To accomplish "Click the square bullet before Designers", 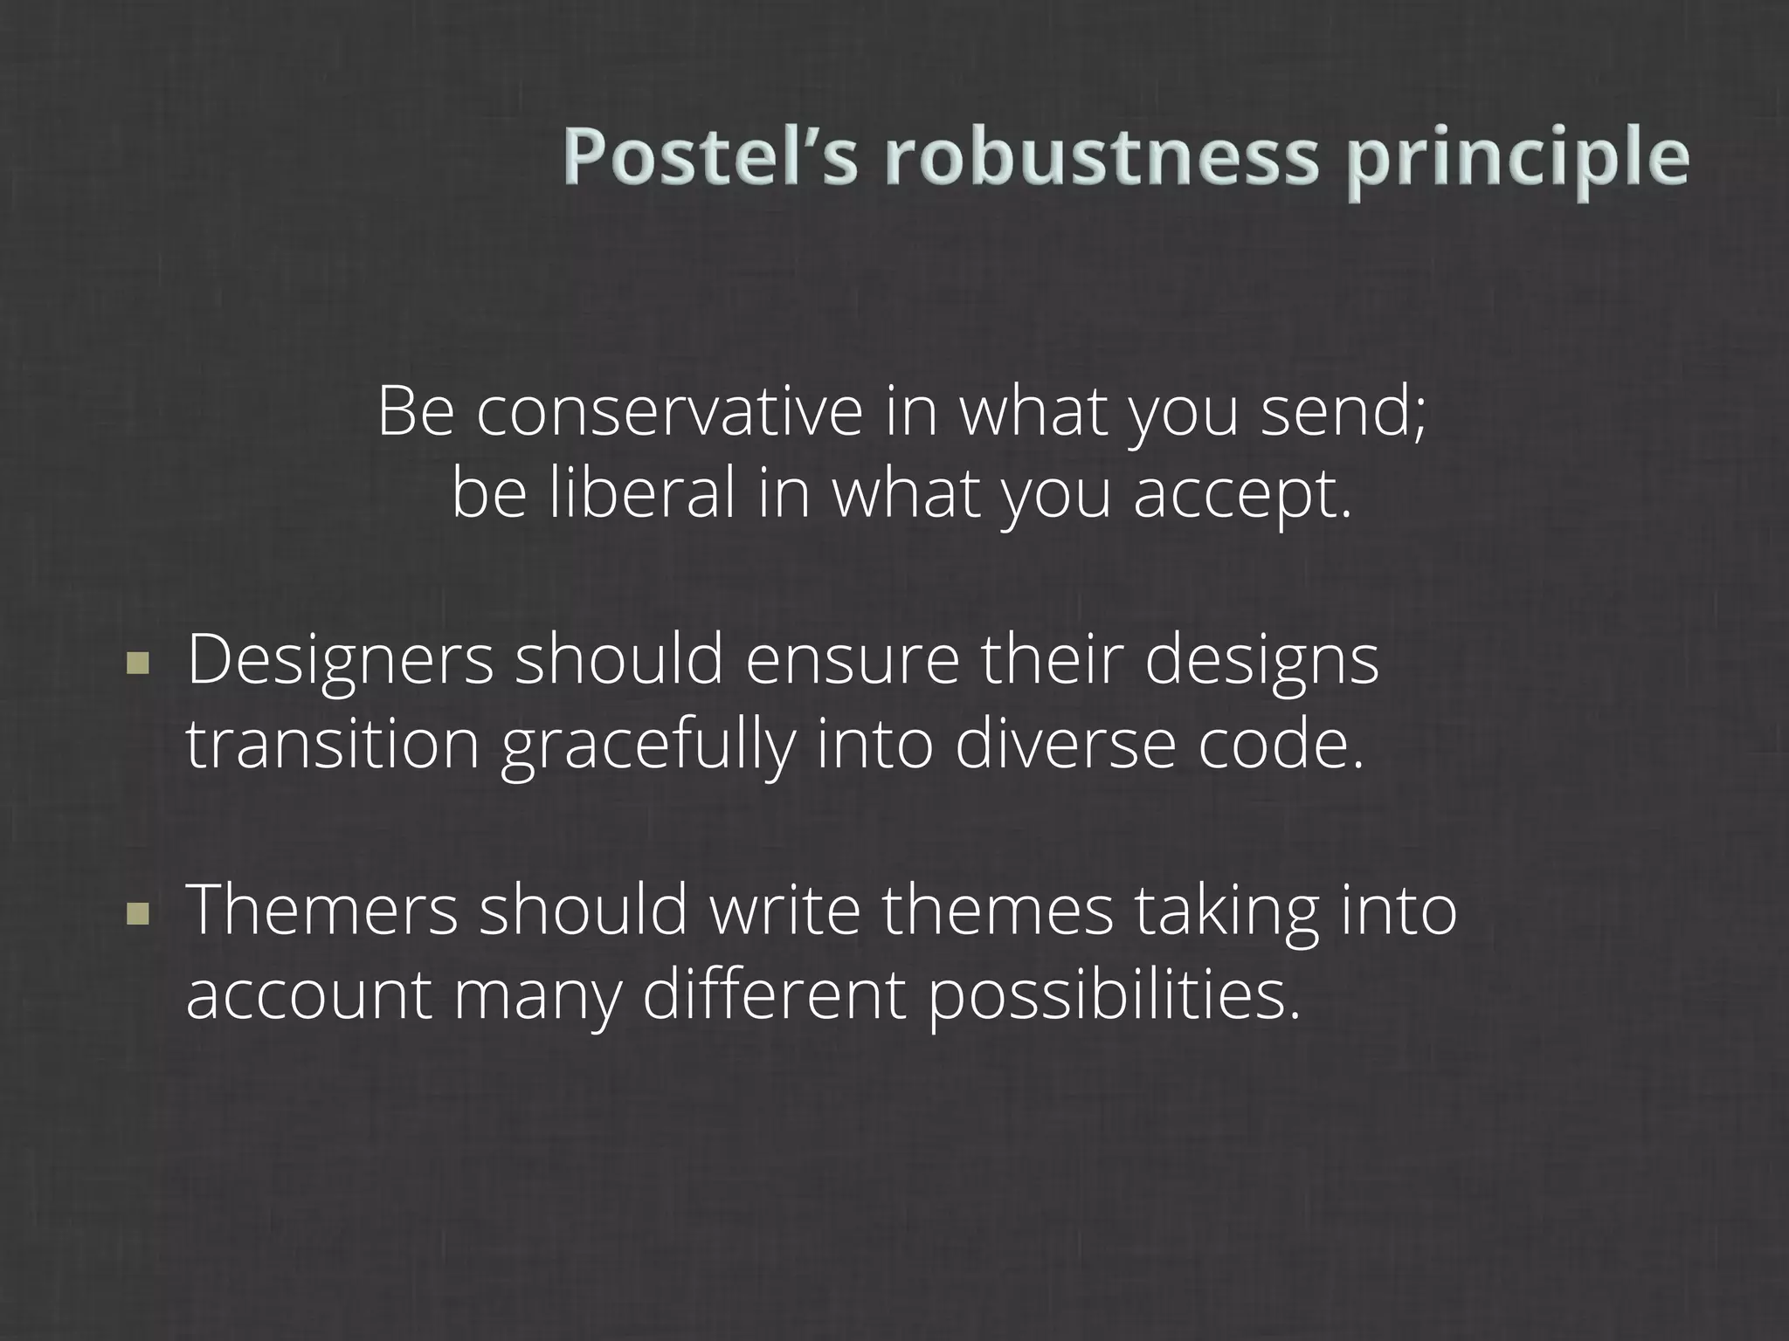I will [x=138, y=665].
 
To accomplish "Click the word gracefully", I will [x=647, y=747].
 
